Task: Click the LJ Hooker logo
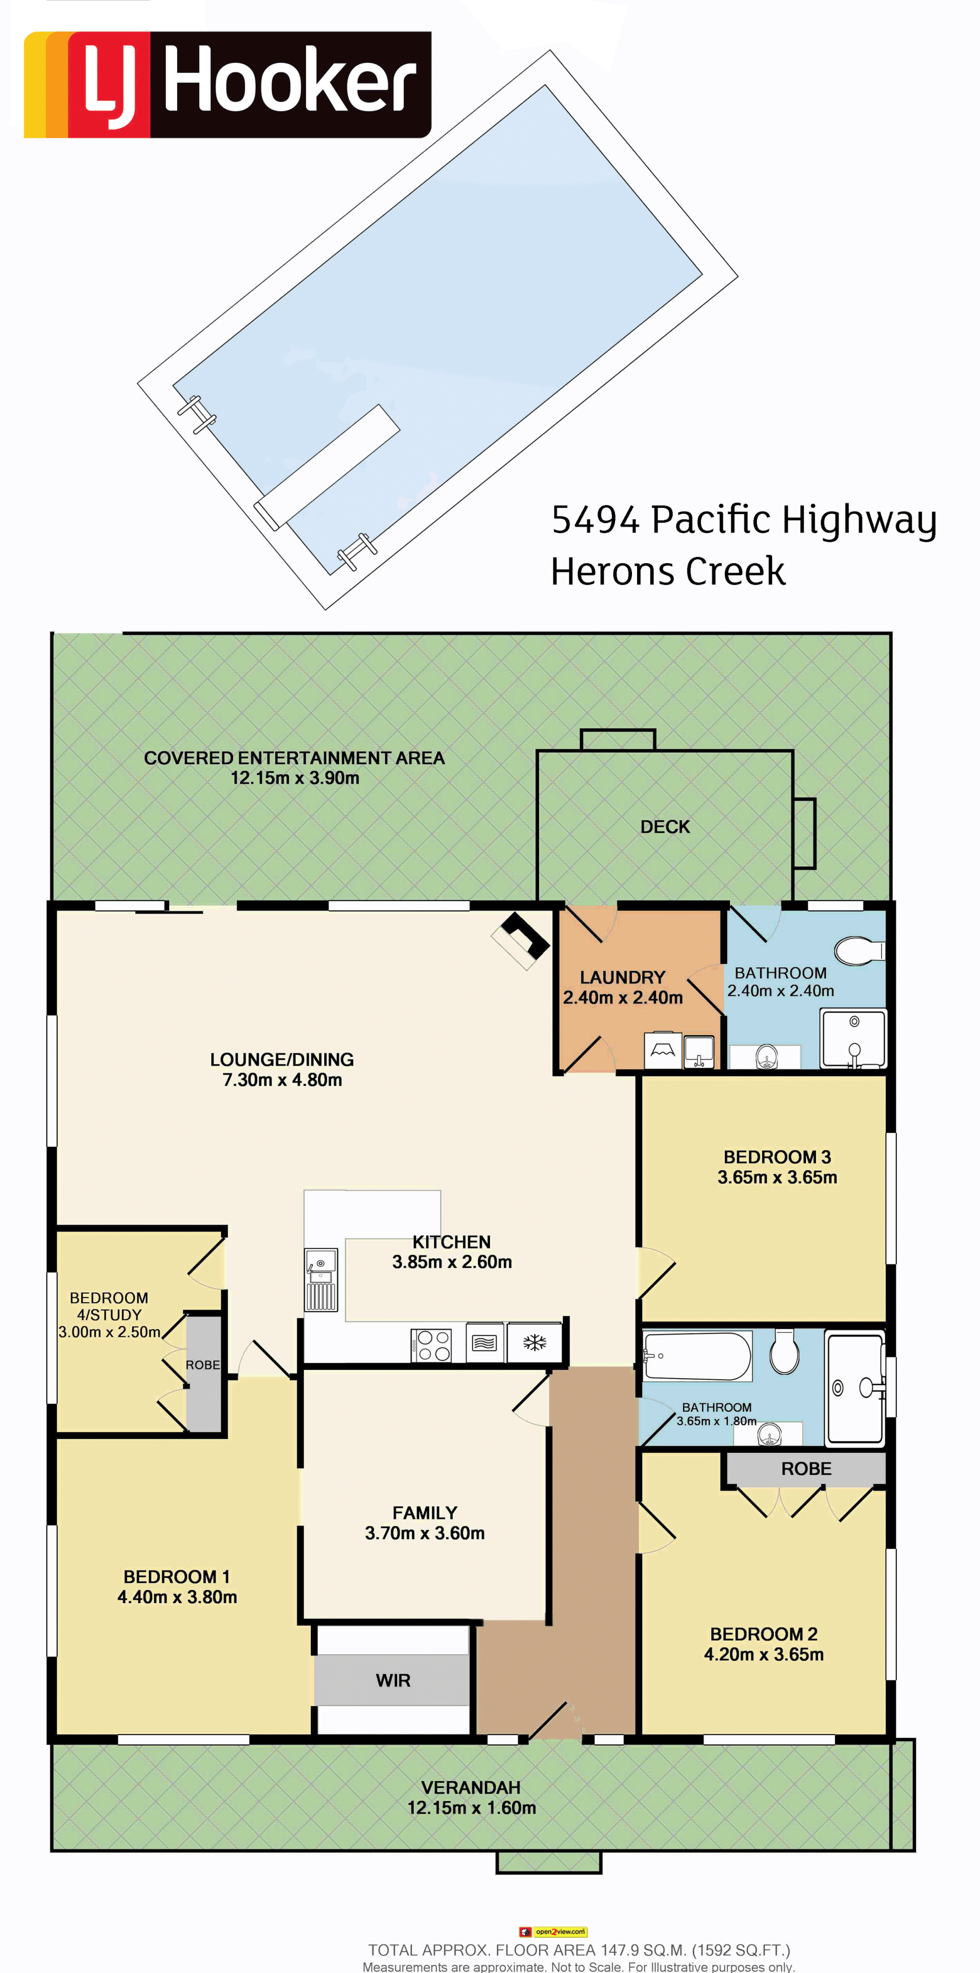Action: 228,84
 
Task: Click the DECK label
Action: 665,826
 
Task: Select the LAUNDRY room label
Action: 623,977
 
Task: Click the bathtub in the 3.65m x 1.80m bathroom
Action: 697,1356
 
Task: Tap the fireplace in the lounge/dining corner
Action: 521,941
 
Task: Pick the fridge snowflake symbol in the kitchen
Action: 534,1343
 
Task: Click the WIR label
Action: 393,1680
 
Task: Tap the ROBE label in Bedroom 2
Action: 806,1469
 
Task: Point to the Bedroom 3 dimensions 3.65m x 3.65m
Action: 777,1177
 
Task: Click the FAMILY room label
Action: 425,1512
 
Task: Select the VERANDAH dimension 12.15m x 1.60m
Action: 472,1808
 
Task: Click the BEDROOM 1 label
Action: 177,1577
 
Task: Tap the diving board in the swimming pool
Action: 327,467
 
